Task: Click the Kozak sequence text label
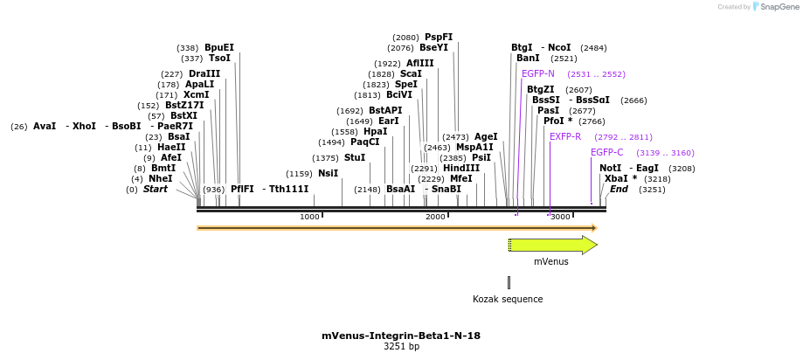[508, 299]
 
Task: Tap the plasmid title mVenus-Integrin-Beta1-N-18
[401, 336]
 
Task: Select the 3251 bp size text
[401, 347]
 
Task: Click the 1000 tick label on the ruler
[309, 217]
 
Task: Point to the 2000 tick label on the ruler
[435, 217]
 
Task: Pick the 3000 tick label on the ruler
[560, 217]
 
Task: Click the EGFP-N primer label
[537, 73]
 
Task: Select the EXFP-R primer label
[565, 136]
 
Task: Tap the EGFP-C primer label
[606, 152]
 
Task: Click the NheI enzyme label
[161, 178]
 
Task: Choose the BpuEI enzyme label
[219, 48]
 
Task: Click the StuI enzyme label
[355, 158]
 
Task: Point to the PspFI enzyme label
[439, 38]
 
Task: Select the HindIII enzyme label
[461, 168]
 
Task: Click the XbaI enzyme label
[615, 178]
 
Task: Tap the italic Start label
[156, 189]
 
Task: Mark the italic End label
[619, 189]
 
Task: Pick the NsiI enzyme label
[328, 173]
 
